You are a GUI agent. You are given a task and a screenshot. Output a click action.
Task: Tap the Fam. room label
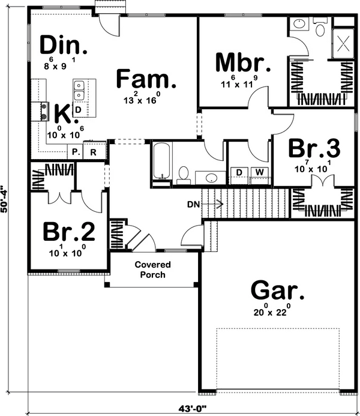click(146, 78)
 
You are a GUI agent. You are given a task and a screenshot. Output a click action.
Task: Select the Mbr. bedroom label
click(243, 62)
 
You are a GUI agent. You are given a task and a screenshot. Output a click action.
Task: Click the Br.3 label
click(314, 148)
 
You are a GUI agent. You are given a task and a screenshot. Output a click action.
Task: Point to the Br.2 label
click(69, 232)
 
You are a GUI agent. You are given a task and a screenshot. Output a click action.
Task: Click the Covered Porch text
click(152, 270)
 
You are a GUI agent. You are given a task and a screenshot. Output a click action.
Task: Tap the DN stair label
click(194, 205)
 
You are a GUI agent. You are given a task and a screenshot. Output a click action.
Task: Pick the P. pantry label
click(76, 152)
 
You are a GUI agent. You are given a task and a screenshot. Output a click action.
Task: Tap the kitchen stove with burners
click(40, 111)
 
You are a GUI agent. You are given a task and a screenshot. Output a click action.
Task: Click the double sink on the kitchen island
click(79, 91)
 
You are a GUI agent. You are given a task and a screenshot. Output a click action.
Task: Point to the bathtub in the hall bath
click(161, 161)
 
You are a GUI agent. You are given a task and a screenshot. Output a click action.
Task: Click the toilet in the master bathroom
click(320, 28)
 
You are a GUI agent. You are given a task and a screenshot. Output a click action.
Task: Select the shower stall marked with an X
click(343, 43)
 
